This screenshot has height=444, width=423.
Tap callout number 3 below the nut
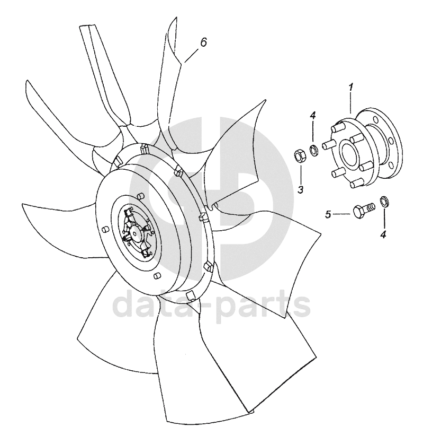tap(300, 189)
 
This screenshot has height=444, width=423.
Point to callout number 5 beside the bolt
tap(328, 214)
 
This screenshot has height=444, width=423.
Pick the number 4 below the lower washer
tap(382, 233)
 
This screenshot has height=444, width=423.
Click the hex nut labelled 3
tap(299, 155)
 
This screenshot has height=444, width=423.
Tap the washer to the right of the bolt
tap(383, 203)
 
